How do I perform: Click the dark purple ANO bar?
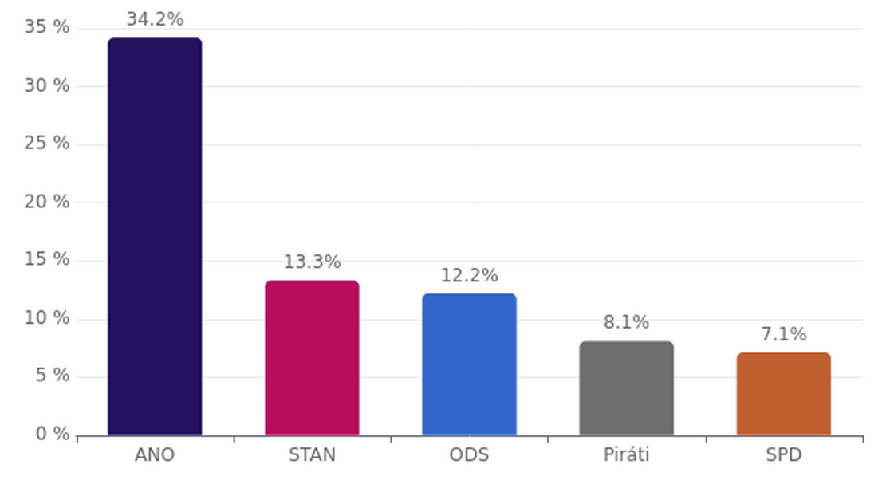(x=155, y=236)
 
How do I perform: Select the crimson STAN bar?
(x=312, y=358)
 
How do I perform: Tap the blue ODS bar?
(x=469, y=364)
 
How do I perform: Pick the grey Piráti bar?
(x=626, y=388)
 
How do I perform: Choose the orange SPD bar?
(x=783, y=394)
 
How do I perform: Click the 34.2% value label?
(x=155, y=19)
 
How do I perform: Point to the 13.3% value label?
(x=312, y=262)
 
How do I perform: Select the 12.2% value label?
(x=469, y=275)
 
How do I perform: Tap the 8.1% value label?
(x=626, y=322)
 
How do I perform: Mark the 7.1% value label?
(x=783, y=334)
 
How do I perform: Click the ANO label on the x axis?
(x=155, y=455)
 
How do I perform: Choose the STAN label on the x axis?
(x=312, y=455)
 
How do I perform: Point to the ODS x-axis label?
(x=469, y=455)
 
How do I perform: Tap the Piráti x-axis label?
(x=626, y=455)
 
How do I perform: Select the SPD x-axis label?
(x=783, y=455)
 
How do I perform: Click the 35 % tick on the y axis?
(x=47, y=27)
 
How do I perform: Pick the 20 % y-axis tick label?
(x=47, y=202)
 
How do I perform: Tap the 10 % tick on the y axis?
(x=47, y=318)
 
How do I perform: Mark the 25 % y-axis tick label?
(x=47, y=144)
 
